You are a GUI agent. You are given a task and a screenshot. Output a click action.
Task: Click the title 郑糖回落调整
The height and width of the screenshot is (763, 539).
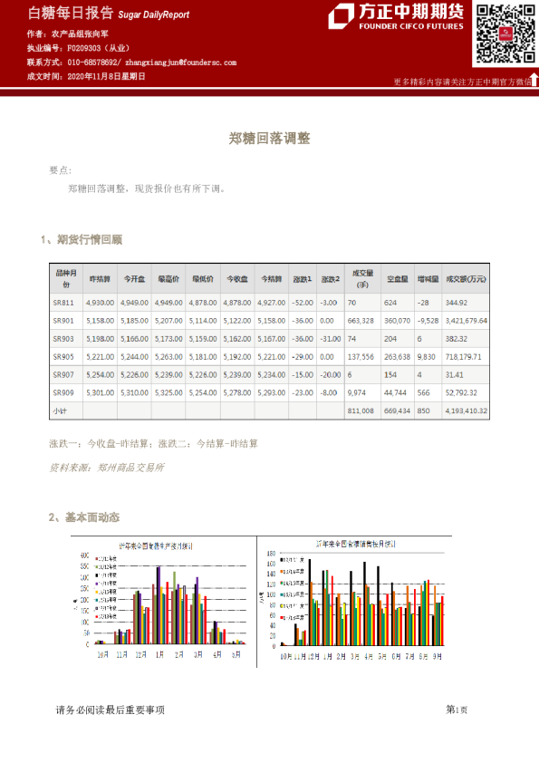pos(269,139)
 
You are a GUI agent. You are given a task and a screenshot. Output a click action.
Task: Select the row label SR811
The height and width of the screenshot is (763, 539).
pos(63,302)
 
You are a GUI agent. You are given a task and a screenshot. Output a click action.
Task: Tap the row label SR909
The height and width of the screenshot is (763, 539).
pos(63,392)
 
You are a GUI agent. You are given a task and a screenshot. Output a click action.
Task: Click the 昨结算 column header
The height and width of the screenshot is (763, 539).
pos(101,278)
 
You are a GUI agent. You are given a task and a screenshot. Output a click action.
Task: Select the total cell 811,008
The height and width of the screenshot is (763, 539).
pos(361,410)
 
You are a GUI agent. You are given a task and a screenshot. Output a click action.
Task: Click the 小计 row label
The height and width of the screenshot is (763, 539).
pos(60,410)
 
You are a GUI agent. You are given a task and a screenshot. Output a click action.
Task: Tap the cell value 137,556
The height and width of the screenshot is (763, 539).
pos(361,356)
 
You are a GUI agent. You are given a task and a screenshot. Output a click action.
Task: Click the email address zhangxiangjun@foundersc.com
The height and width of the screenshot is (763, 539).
pos(180,63)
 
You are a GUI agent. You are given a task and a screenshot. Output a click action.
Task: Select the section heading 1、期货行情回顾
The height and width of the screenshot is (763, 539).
pos(82,239)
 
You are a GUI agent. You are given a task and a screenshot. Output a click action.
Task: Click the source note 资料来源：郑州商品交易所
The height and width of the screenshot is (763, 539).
pos(107,468)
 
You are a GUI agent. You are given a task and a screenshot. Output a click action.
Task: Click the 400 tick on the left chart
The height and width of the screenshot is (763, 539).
pos(85,555)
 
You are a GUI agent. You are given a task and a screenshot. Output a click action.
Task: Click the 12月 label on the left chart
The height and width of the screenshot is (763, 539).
pos(140,653)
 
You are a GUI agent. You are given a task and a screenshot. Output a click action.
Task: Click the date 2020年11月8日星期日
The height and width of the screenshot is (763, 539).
pos(107,77)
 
